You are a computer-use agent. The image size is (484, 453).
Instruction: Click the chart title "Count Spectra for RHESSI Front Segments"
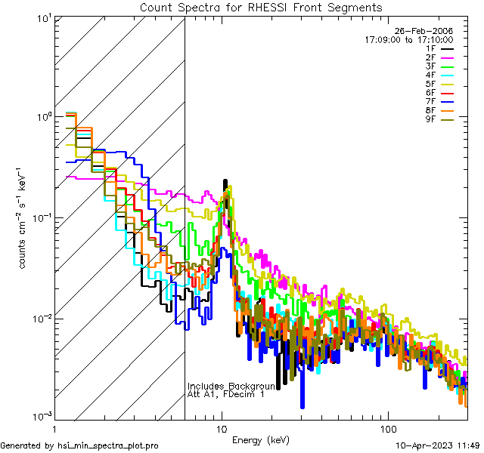tap(261, 8)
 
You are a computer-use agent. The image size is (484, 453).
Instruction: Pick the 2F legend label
tap(431, 57)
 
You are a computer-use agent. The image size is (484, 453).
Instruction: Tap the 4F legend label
tap(431, 75)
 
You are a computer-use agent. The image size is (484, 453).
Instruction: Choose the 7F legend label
tap(431, 102)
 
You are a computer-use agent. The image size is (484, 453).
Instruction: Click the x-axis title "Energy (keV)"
tap(261, 439)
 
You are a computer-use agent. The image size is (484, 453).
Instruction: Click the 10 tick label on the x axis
tap(221, 429)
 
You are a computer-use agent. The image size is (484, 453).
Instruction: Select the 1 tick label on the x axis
tap(55, 429)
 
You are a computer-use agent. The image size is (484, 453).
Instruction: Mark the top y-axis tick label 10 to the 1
tap(42, 17)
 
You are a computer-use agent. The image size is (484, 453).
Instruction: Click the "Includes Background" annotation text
tap(231, 386)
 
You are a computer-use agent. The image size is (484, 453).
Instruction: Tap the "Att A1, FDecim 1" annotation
tap(226, 395)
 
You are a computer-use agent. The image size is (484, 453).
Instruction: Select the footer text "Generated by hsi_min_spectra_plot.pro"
tap(79, 446)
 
